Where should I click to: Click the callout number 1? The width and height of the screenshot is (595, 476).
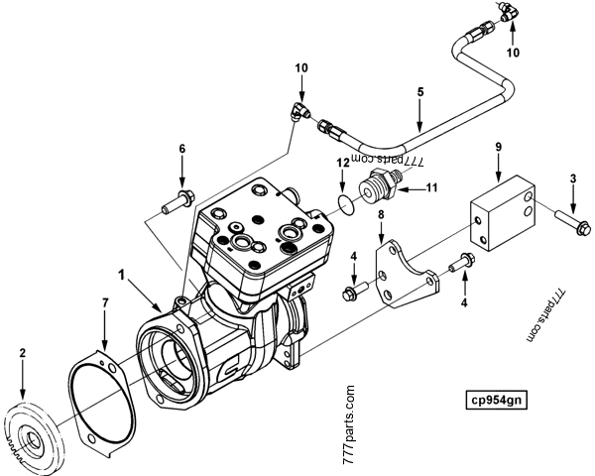120,271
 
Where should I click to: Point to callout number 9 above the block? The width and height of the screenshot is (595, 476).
500,146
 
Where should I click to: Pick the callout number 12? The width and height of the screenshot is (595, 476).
339,162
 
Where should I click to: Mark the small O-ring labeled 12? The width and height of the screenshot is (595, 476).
342,204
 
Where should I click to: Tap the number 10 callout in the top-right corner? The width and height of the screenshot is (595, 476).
512,52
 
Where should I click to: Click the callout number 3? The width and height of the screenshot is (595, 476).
574,178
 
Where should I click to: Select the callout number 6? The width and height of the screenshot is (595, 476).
181,149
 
